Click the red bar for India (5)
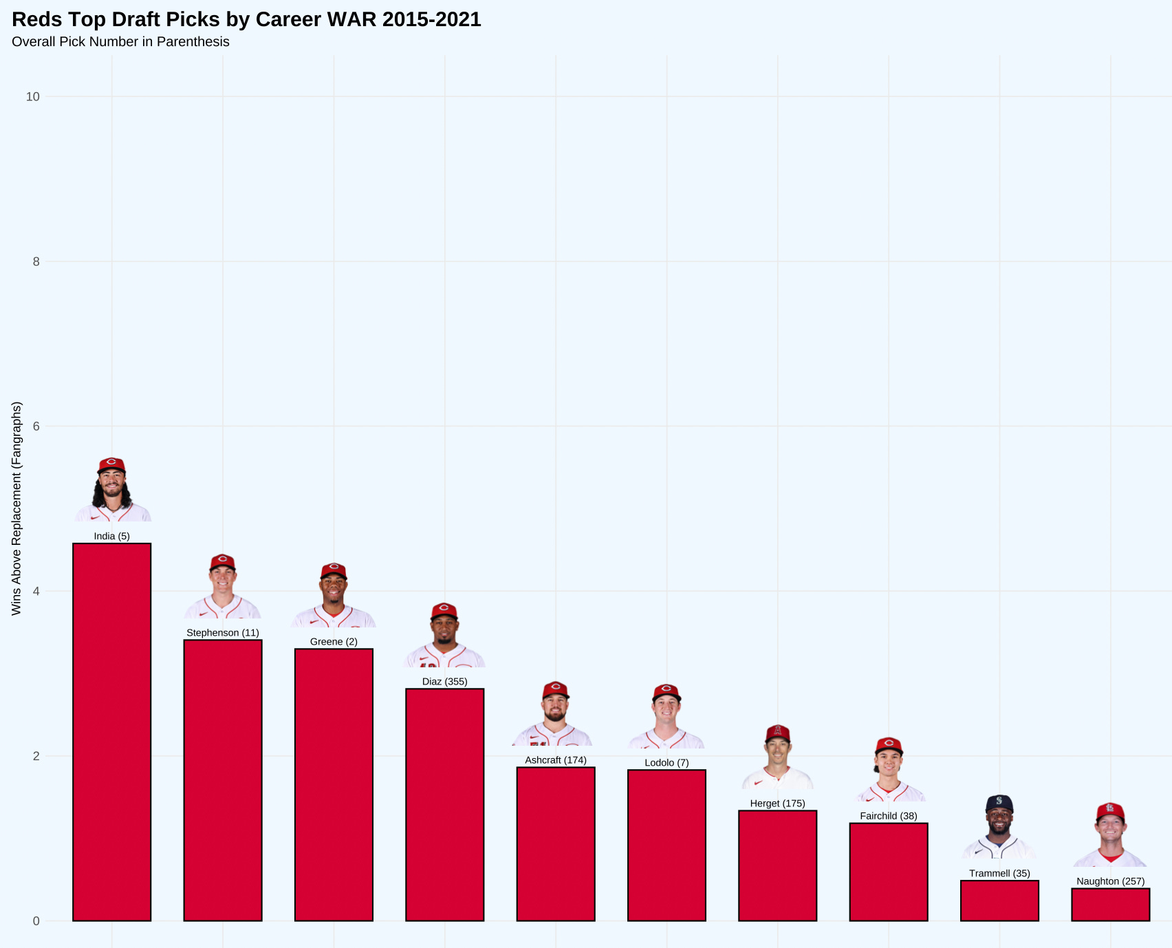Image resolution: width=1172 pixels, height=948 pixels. click(111, 732)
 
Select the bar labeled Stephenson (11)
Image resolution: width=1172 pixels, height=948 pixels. click(223, 780)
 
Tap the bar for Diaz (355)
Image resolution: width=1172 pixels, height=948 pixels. click(444, 804)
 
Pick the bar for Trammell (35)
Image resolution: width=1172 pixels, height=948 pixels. click(999, 901)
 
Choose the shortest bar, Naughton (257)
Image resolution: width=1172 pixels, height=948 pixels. click(1110, 905)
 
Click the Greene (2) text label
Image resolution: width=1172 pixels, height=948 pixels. click(334, 642)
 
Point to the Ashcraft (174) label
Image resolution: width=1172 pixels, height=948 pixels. click(556, 760)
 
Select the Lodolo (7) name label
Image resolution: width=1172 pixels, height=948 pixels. click(666, 763)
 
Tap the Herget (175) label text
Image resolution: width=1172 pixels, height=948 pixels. click(777, 804)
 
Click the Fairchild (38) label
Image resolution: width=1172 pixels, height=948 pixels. click(889, 816)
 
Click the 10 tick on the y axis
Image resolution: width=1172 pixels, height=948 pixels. click(33, 97)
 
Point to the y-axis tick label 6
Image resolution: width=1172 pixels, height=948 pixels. click(36, 427)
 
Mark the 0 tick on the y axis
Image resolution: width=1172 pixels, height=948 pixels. click(36, 921)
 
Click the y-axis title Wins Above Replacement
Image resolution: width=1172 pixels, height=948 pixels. click(17, 508)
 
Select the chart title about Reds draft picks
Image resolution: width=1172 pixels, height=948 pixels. click(246, 19)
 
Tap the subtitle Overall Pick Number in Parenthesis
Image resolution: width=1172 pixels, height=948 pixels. click(120, 42)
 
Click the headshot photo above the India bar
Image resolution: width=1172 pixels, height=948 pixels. click(112, 490)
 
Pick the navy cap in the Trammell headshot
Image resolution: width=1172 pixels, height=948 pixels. click(999, 802)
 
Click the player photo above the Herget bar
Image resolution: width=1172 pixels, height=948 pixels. click(777, 757)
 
